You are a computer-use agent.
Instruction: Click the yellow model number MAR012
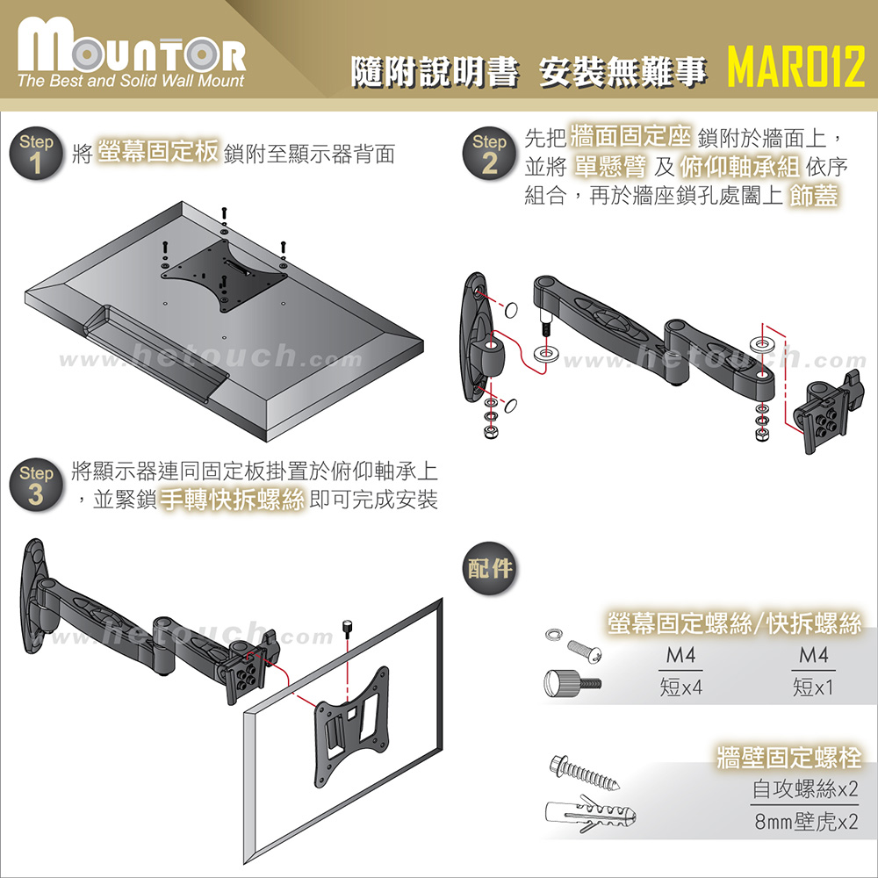[x=796, y=66]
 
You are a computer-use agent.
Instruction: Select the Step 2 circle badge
[x=489, y=153]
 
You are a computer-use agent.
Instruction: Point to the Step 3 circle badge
[x=36, y=485]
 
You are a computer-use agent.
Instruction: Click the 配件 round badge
[x=490, y=568]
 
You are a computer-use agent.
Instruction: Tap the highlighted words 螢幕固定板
[x=158, y=151]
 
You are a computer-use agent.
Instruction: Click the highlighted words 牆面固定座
[x=630, y=136]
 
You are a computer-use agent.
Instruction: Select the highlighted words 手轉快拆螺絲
[x=233, y=499]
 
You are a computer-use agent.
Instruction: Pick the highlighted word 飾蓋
[x=814, y=196]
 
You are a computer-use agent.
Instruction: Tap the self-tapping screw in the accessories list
[x=585, y=773]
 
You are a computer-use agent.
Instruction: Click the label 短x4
[x=681, y=687]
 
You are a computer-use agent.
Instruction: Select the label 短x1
[x=813, y=687]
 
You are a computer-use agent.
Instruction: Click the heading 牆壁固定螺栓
[x=789, y=758]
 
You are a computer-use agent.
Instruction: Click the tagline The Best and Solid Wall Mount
[x=131, y=81]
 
